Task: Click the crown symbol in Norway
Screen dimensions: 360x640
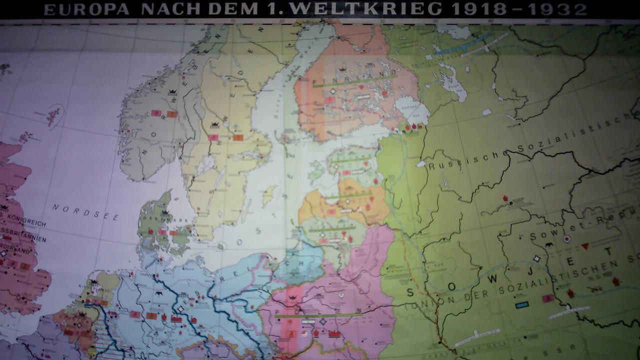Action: pos(173,92)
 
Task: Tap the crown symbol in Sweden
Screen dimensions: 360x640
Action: pos(216,125)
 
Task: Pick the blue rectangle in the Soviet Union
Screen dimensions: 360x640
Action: pos(522,304)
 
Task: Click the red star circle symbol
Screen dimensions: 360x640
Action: pos(567,239)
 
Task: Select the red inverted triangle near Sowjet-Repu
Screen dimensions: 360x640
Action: pos(584,246)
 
